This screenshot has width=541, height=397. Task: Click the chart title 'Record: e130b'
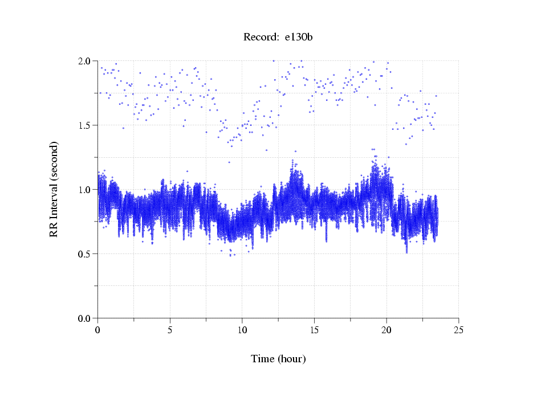coord(278,38)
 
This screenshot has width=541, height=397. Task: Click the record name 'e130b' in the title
coord(298,38)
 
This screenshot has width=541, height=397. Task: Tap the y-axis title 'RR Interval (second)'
coord(54,189)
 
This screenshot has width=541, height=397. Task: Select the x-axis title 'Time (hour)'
coord(278,359)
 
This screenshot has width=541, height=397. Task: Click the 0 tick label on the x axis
coord(98,329)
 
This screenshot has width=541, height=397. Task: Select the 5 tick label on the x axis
coord(170,329)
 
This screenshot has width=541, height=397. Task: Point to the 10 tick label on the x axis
coord(242,329)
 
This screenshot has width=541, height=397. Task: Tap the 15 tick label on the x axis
coord(314,329)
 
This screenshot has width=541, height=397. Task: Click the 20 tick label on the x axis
coord(387,329)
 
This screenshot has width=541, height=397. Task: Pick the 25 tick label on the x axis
coord(458,329)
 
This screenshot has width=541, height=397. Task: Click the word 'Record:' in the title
coord(261,38)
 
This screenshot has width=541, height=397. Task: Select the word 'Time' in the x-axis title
coord(263,359)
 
